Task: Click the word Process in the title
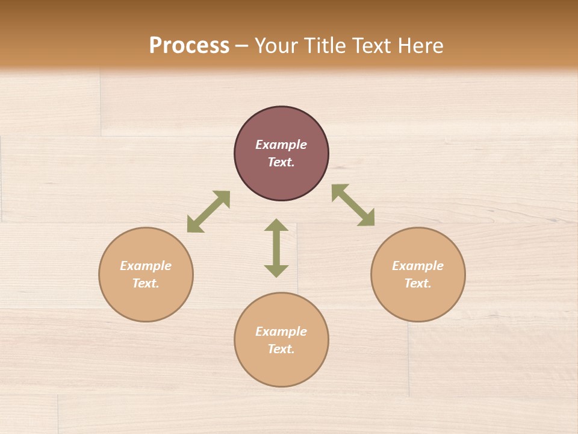pos(189,46)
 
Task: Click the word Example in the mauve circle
pos(281,145)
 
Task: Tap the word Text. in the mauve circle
pos(281,162)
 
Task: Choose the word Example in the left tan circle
pos(146,266)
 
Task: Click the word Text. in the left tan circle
pos(146,283)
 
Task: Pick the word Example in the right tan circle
pos(418,266)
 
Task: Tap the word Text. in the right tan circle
pos(418,283)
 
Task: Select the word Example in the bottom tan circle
pos(281,332)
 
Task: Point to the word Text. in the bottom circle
pos(281,349)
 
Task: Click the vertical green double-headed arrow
pos(276,248)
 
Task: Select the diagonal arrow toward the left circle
pos(208,212)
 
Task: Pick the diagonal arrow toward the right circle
pos(353,205)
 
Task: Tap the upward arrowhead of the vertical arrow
pos(276,225)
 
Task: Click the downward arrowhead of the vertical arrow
pos(276,271)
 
